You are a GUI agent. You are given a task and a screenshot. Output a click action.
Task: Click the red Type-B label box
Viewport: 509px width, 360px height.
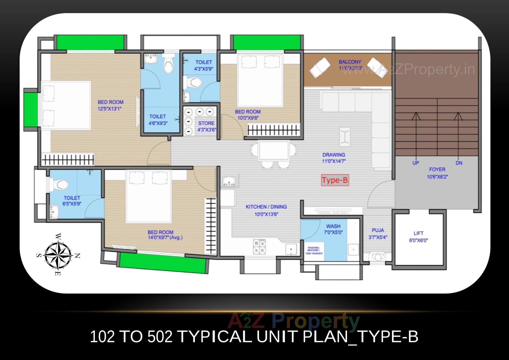335,180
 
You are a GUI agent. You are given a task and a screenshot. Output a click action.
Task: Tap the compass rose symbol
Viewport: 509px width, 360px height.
58,255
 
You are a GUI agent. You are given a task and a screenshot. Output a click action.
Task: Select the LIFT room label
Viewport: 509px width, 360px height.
418,233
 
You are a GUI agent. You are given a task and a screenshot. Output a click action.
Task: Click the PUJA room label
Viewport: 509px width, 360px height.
378,230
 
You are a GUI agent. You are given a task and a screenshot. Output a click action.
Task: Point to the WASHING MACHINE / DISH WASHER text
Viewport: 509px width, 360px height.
314,251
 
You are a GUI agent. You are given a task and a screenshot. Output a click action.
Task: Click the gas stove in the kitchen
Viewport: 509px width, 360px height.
259,247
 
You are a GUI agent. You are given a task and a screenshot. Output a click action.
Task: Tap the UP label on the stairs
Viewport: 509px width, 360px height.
415,163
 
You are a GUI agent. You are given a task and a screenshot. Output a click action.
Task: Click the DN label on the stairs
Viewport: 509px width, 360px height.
459,163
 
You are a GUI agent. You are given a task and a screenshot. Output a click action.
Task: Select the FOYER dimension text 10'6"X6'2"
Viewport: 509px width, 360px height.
437,177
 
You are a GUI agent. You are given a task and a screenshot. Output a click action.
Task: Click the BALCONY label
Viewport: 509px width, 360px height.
350,62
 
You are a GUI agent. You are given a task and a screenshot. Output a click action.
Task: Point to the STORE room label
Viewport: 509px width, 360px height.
206,123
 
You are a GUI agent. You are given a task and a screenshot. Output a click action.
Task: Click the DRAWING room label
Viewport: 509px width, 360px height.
334,155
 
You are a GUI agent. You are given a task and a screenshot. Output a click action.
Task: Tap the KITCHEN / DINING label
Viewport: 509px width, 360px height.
266,207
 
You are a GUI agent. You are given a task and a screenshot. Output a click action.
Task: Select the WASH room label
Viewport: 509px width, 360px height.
333,226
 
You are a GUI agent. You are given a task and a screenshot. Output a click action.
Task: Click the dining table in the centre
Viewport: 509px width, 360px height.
274,151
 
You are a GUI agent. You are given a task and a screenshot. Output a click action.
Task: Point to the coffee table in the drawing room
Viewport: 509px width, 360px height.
345,137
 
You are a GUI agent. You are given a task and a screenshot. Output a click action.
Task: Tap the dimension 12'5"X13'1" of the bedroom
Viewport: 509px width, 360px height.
109,109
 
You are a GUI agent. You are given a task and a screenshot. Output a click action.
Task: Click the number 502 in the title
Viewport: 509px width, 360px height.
160,337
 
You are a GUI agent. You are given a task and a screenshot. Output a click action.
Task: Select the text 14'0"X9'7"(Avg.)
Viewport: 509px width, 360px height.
165,238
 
